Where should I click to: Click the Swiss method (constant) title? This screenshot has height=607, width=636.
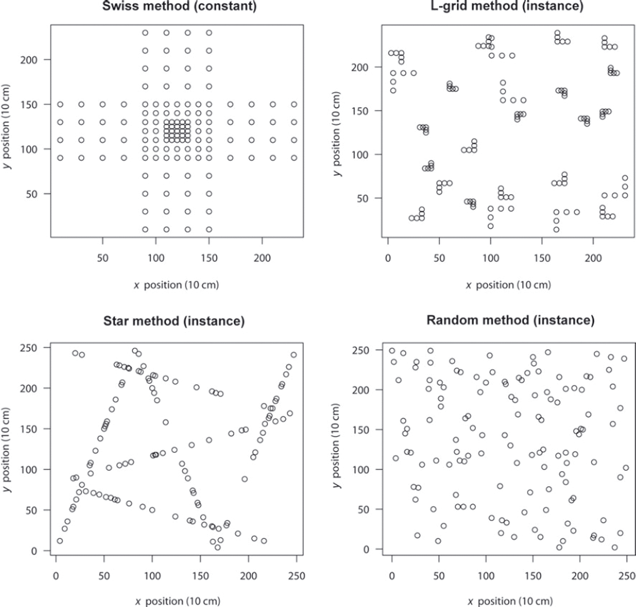click(179, 6)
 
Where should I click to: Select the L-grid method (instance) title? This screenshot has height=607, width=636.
click(507, 6)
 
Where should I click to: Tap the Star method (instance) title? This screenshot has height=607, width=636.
click(174, 321)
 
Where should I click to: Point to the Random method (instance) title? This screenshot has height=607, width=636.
click(510, 320)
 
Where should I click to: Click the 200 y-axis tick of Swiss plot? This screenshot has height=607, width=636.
click(29, 60)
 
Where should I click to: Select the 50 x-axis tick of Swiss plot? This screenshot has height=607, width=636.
click(103, 258)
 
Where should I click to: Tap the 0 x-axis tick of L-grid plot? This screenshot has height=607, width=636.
click(388, 258)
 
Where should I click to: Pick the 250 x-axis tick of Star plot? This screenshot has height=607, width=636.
click(296, 576)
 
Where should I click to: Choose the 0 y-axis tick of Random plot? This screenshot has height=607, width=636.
click(366, 549)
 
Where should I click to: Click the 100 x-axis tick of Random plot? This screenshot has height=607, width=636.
click(486, 575)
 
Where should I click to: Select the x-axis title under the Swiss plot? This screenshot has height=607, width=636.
click(176, 285)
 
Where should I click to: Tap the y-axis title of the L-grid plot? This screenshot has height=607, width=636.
click(336, 132)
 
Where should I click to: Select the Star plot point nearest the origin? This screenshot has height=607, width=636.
click(60, 541)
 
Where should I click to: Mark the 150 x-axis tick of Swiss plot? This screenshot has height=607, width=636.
click(209, 258)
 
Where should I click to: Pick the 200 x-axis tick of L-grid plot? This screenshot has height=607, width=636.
click(593, 258)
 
